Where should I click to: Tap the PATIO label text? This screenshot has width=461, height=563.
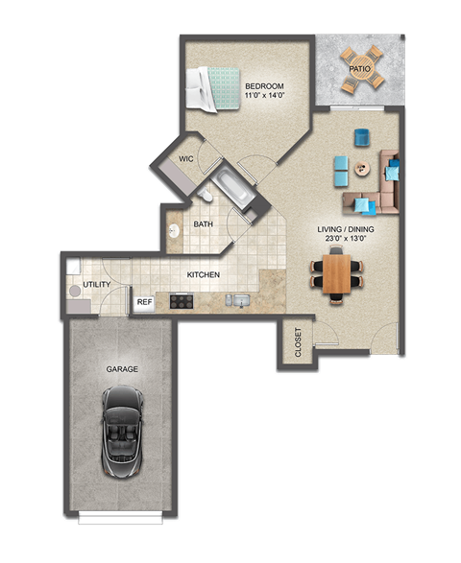[360, 69]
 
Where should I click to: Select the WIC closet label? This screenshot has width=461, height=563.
[187, 159]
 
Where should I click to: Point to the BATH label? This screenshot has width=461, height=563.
[204, 224]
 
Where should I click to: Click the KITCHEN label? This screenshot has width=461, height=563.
[204, 275]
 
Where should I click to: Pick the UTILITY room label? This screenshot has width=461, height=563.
[96, 285]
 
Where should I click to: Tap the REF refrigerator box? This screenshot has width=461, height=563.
[144, 302]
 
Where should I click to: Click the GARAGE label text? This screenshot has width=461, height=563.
[123, 368]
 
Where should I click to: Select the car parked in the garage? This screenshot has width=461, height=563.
[122, 432]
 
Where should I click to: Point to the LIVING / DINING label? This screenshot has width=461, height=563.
[346, 230]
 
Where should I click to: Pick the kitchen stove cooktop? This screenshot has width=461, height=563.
[182, 300]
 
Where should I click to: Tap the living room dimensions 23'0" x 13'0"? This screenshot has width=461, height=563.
[346, 242]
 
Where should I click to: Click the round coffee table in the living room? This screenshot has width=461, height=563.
[361, 169]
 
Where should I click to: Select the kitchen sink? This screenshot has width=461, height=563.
[238, 301]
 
